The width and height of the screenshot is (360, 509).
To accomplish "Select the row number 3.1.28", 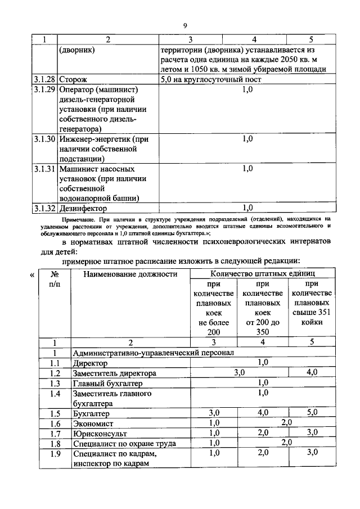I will pyautogui.click(x=43, y=79).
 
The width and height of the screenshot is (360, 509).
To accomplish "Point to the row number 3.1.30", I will pyautogui.click(x=43, y=139).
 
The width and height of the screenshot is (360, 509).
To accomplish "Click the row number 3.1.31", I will pyautogui.click(x=43, y=168).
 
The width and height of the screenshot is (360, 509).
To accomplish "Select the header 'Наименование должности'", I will pyautogui.click(x=130, y=274).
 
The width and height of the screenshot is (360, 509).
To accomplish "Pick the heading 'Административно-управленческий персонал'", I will pyautogui.click(x=153, y=353).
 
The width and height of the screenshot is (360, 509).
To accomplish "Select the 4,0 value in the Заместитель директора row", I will pyautogui.click(x=311, y=373).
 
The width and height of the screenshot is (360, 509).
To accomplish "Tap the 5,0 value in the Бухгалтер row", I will pyautogui.click(x=311, y=413).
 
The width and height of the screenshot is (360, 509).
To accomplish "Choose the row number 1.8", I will pyautogui.click(x=55, y=443).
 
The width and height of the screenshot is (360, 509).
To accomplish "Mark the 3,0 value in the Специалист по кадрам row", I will pyautogui.click(x=311, y=453).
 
